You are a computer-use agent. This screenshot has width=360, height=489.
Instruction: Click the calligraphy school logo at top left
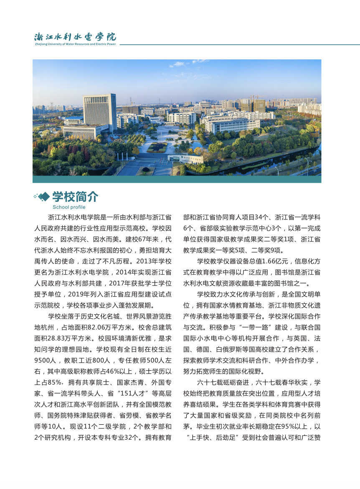tap(75, 36)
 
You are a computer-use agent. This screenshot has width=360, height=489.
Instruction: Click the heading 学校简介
tap(75, 196)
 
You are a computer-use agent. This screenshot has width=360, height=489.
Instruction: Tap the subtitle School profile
tap(69, 207)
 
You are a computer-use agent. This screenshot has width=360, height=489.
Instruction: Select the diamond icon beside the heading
tap(43, 196)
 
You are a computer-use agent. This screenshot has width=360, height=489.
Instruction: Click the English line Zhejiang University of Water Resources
tap(75, 44)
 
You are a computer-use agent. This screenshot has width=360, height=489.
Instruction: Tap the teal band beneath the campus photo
tap(177, 179)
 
